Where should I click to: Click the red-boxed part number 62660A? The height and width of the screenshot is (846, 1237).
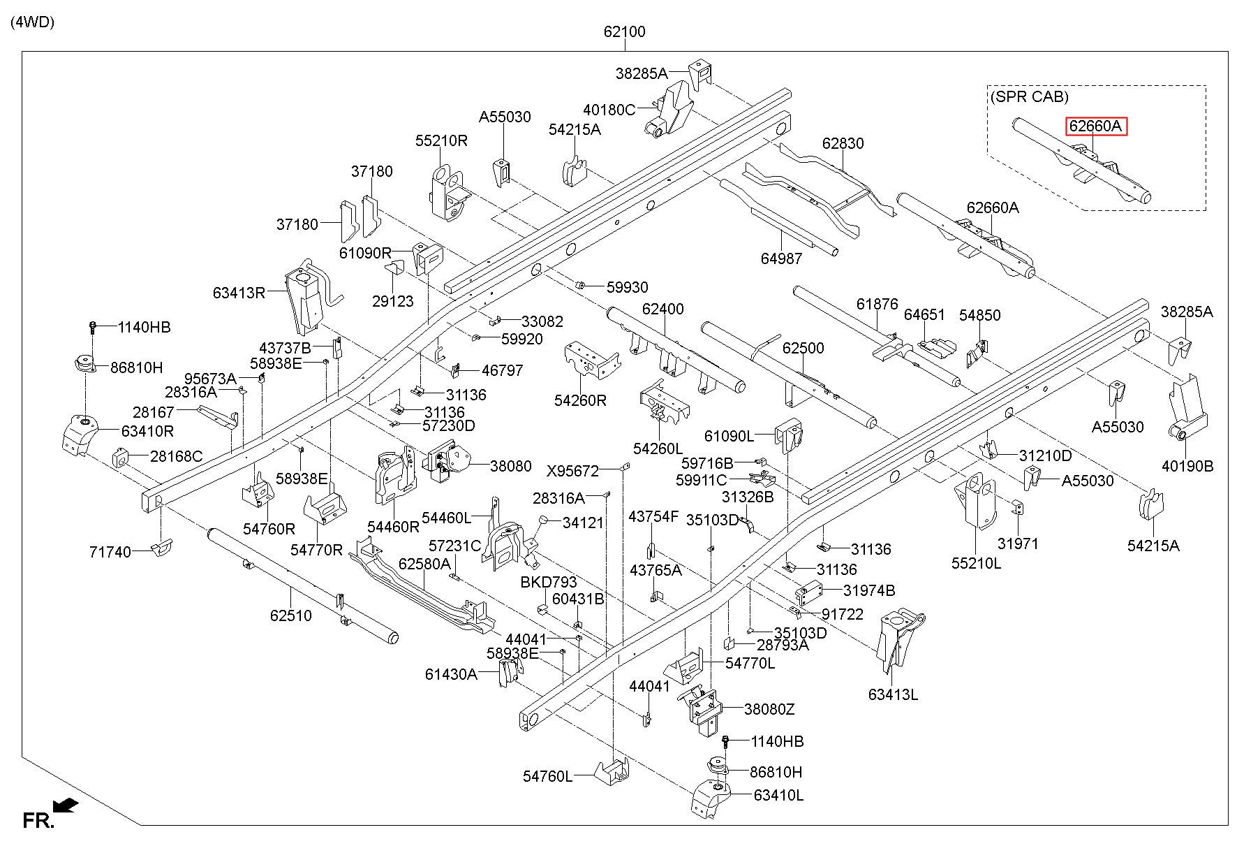(1095, 126)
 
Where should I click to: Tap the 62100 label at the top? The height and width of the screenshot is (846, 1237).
(625, 31)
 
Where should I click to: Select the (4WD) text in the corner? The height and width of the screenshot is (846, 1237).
(32, 22)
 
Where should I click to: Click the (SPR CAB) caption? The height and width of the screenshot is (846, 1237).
(1029, 97)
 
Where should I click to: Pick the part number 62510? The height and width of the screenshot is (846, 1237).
(291, 615)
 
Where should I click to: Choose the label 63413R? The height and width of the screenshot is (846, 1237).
(239, 293)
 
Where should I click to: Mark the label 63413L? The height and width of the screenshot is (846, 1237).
(894, 694)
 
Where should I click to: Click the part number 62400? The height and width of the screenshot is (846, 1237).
(663, 309)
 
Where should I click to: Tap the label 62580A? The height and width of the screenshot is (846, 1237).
(424, 563)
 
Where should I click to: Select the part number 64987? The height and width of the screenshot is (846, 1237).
(782, 258)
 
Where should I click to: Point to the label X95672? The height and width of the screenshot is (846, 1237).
(572, 471)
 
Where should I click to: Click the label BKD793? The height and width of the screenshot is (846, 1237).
(549, 582)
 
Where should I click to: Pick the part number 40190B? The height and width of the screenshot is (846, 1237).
(1188, 466)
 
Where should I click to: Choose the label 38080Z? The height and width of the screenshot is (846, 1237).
(769, 709)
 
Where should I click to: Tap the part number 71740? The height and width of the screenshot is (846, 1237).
(110, 552)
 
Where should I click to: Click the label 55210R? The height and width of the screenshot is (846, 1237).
(441, 140)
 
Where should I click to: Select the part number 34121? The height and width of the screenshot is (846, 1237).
(583, 522)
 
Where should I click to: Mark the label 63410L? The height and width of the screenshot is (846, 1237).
(778, 795)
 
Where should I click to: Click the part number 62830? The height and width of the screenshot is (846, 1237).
(843, 143)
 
